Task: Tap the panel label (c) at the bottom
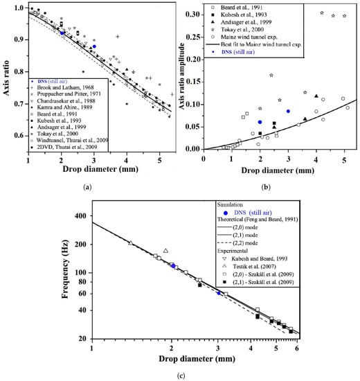(181, 375)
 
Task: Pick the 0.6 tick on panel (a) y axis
(19, 147)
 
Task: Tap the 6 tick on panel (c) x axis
(297, 347)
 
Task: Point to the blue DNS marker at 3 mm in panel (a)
(94, 46)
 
